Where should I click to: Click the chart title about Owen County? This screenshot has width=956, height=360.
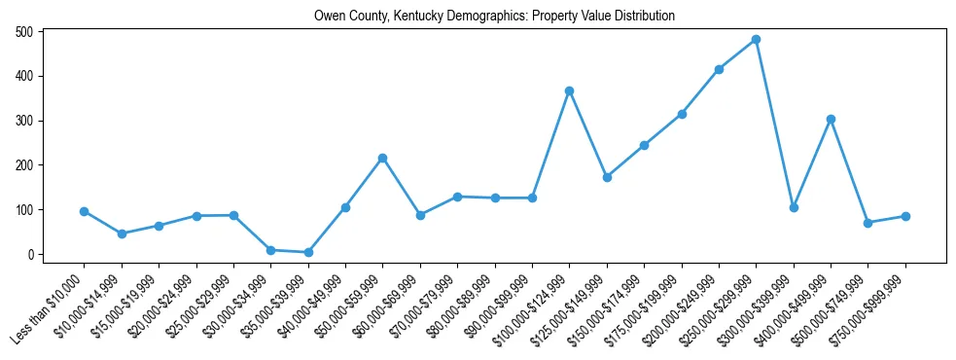pos(494,17)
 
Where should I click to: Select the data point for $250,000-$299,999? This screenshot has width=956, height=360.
pos(756,40)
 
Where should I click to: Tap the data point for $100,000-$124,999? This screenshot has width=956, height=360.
pos(569,90)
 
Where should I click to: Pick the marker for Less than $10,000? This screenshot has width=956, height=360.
pos(84,211)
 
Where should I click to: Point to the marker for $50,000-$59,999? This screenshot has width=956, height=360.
pos(382,158)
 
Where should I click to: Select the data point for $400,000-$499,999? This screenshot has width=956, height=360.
pos(831,119)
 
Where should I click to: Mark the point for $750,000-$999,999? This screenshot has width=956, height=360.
pos(905,216)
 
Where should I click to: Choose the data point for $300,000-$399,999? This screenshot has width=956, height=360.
pos(794,207)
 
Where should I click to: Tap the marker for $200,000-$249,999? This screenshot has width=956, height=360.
pos(719,69)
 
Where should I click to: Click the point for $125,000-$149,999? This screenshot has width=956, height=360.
pos(607,177)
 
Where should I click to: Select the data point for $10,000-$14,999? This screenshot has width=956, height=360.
pos(122,234)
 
